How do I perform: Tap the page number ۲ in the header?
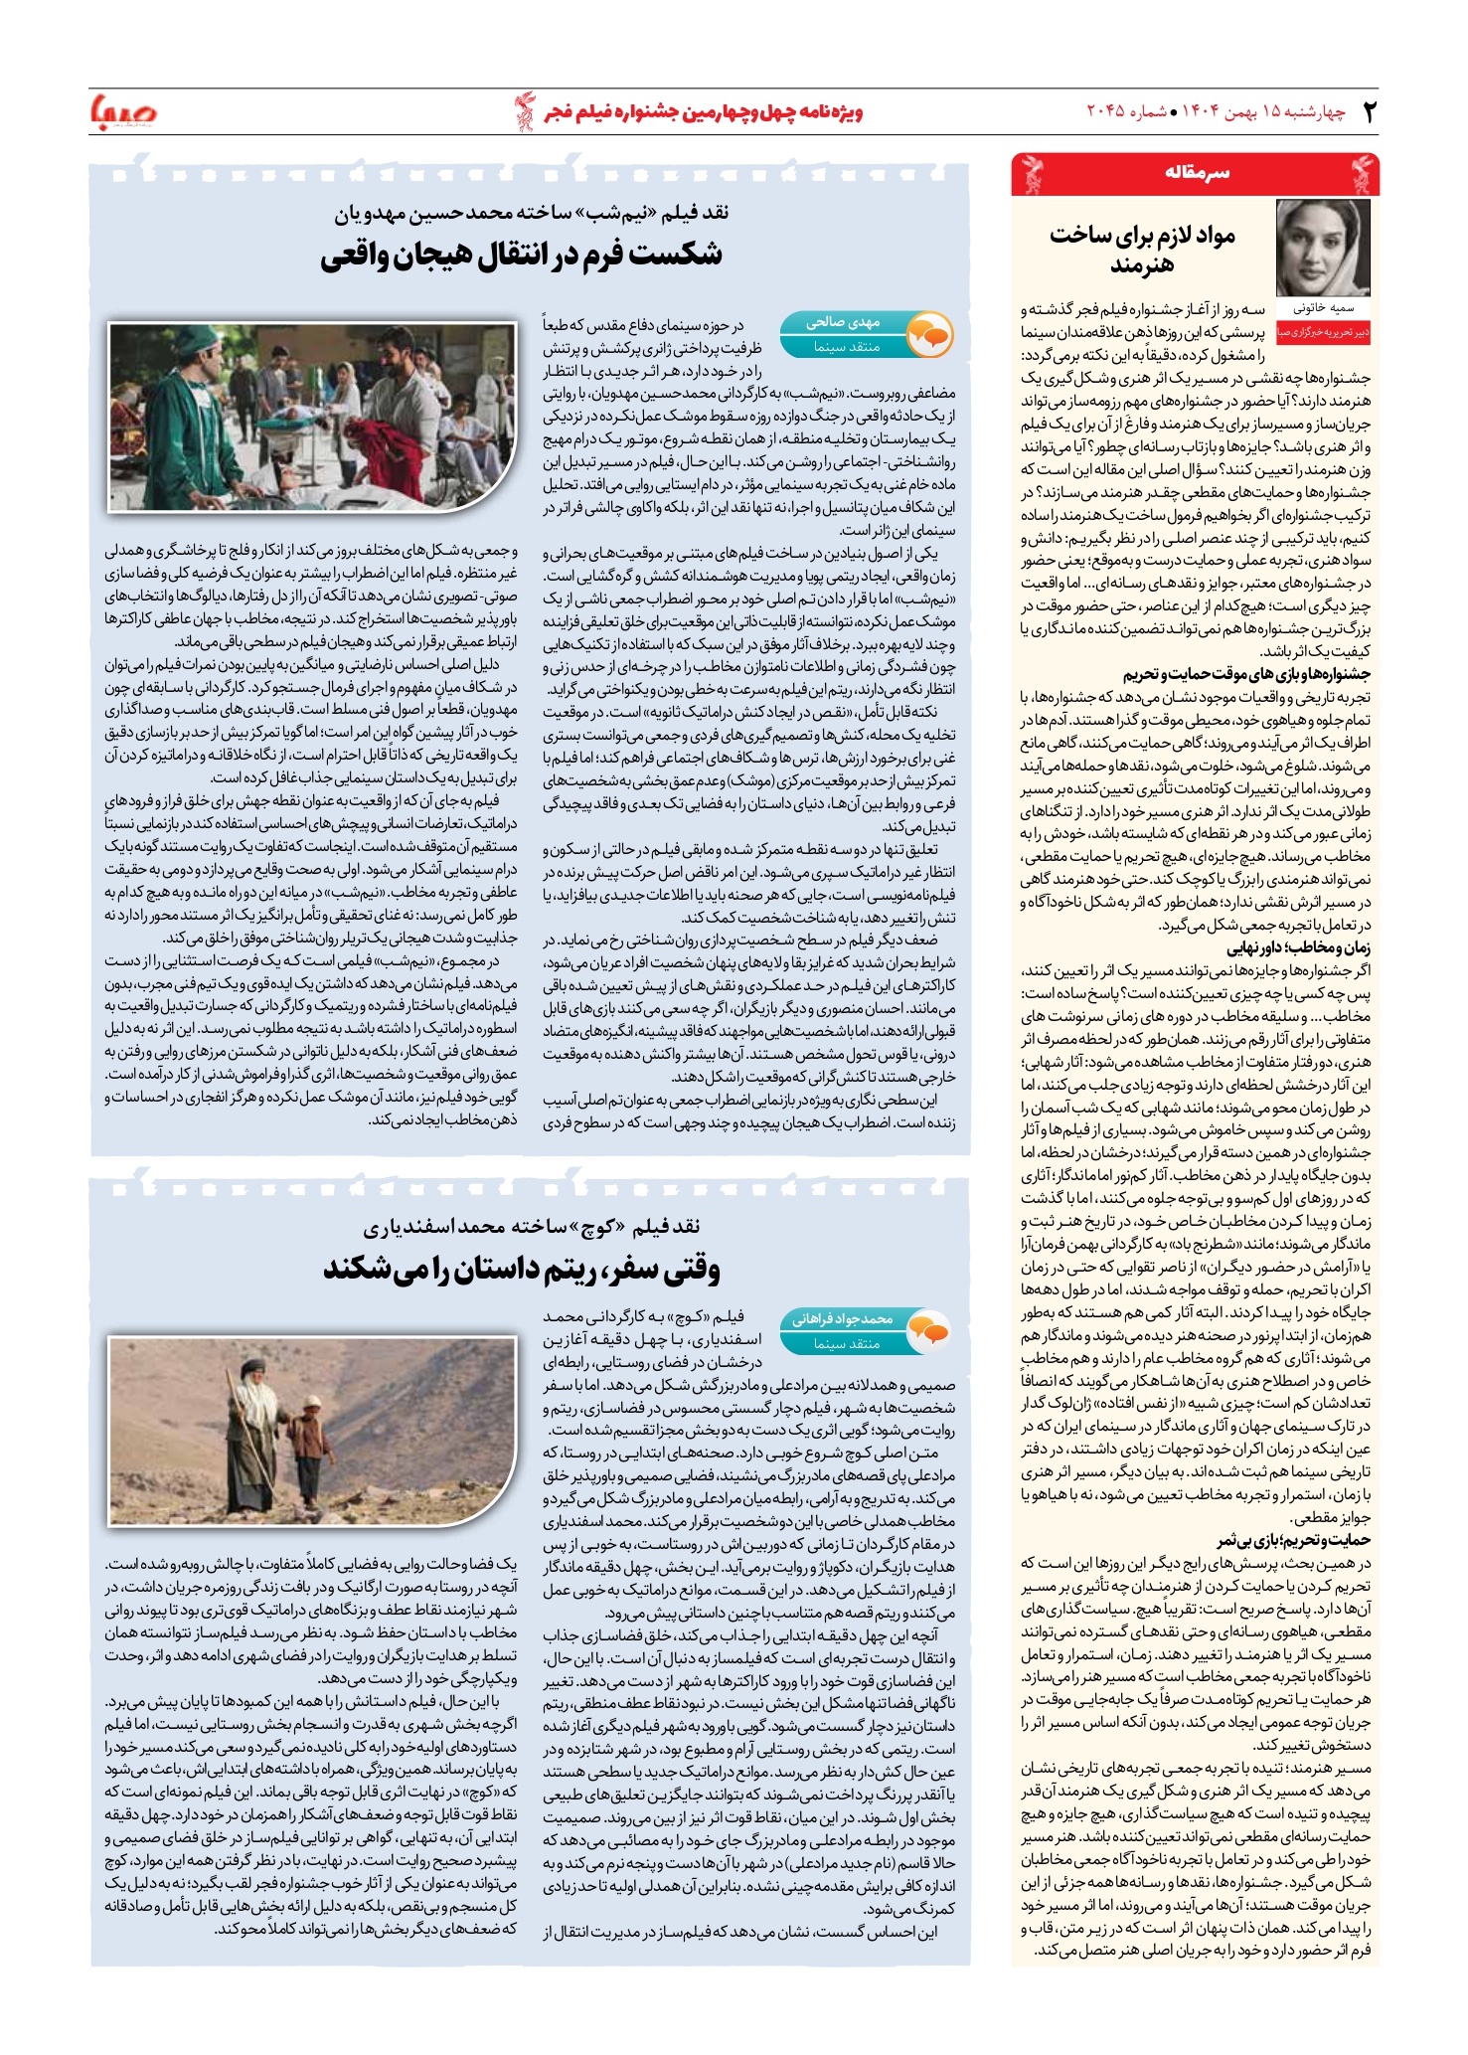click(x=1369, y=111)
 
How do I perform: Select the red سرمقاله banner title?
click(x=1197, y=173)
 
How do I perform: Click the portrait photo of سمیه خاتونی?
click(x=1323, y=248)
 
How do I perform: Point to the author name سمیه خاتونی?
click(x=1323, y=309)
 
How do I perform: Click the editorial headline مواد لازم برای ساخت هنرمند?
click(x=1142, y=250)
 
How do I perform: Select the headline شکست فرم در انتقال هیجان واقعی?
click(x=521, y=255)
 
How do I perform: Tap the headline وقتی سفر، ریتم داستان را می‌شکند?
click(x=521, y=1270)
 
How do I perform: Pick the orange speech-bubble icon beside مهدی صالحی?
click(x=930, y=335)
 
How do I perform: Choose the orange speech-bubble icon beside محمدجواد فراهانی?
click(x=930, y=1331)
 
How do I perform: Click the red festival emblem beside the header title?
click(x=524, y=111)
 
